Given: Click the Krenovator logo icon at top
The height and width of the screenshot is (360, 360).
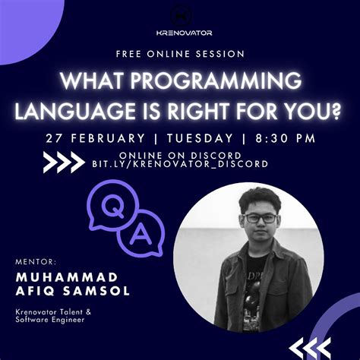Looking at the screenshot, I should pos(179,14).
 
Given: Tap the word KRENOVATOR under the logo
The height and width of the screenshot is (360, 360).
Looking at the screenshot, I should pos(179,33).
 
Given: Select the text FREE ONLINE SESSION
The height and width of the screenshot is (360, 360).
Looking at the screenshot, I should pos(180,55).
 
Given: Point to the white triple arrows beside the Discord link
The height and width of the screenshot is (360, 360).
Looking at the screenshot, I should pos(65,162).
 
